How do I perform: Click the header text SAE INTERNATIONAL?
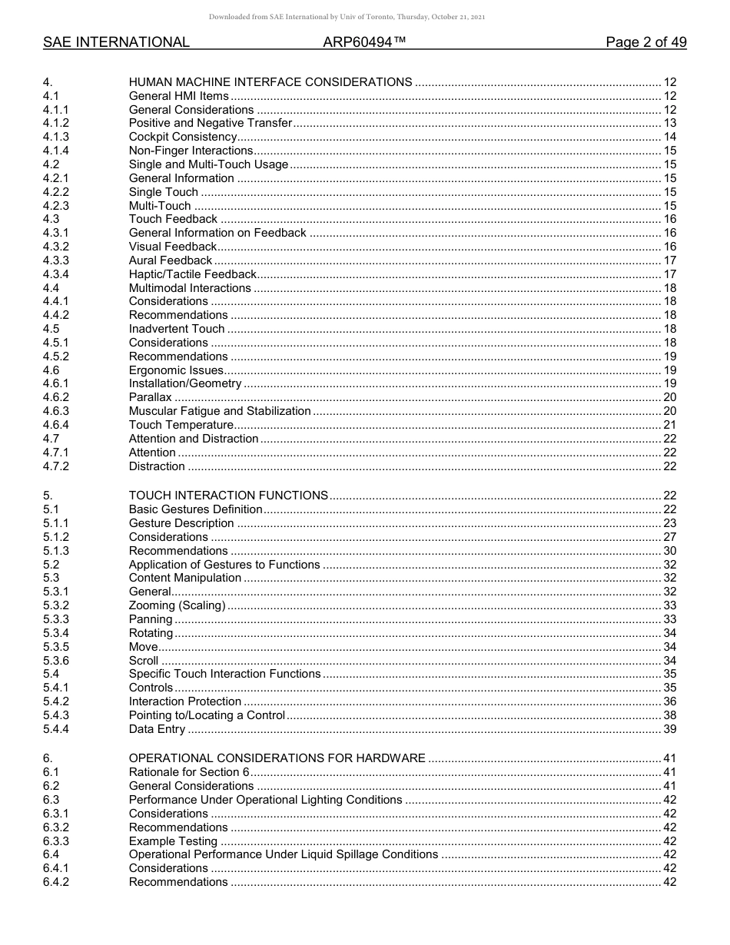click(x=116, y=42)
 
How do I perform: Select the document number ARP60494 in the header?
click(x=364, y=42)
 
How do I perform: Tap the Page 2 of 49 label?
click(x=645, y=42)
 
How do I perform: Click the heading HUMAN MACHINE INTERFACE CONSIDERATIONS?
click(x=270, y=82)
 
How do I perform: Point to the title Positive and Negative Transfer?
click(x=210, y=123)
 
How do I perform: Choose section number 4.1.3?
click(x=56, y=137)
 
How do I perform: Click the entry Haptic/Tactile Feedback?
click(x=192, y=274)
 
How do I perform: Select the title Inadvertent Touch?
click(x=177, y=329)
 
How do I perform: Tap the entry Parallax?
click(x=150, y=397)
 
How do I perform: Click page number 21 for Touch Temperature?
click(x=669, y=425)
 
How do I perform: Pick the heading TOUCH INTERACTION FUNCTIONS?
click(x=228, y=496)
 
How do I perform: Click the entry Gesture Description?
click(x=181, y=523)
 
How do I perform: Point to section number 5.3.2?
click(x=56, y=605)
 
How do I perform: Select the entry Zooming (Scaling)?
click(x=177, y=605)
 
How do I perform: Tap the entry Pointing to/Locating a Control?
click(x=207, y=715)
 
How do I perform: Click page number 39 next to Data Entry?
click(x=669, y=729)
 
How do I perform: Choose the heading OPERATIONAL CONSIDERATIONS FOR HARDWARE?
click(x=277, y=758)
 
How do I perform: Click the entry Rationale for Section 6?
click(x=189, y=772)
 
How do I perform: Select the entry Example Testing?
click(x=173, y=841)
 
